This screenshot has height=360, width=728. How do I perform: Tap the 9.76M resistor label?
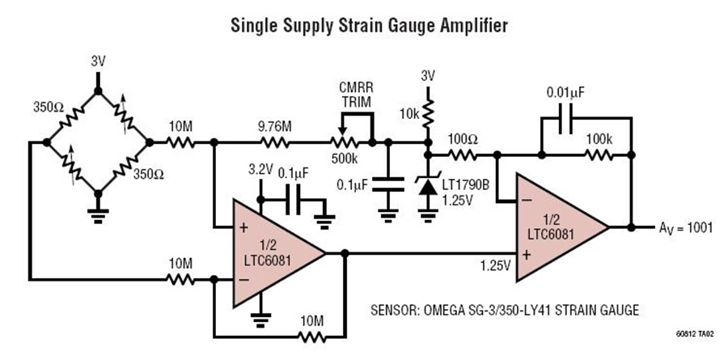pyautogui.click(x=275, y=126)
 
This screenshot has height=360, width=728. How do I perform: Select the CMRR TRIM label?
pyautogui.click(x=356, y=94)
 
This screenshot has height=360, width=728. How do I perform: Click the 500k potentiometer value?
pyautogui.click(x=345, y=158)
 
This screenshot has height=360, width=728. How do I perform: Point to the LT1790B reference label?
pyautogui.click(x=465, y=185)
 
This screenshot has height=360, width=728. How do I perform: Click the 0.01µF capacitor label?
pyautogui.click(x=565, y=92)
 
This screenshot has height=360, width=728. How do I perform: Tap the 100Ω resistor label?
pyautogui.click(x=462, y=138)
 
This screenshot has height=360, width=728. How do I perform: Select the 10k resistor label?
pyautogui.click(x=408, y=115)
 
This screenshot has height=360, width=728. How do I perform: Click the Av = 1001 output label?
pyautogui.click(x=684, y=228)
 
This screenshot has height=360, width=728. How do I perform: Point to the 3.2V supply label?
pyautogui.click(x=260, y=171)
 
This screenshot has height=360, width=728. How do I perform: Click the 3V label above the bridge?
pyautogui.click(x=98, y=62)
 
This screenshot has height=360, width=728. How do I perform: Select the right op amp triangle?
pyautogui.click(x=562, y=227)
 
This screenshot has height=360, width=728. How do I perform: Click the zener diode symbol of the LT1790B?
pyautogui.click(x=428, y=185)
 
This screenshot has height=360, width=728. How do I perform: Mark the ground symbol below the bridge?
pyautogui.click(x=98, y=215)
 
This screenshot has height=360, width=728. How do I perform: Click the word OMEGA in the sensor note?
pyautogui.click(x=441, y=310)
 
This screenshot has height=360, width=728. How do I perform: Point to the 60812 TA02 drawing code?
pyautogui.click(x=694, y=333)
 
